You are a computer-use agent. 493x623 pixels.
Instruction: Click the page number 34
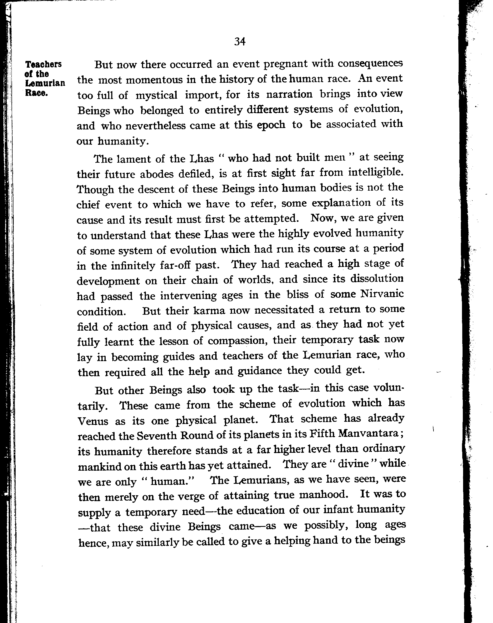[x=240, y=42]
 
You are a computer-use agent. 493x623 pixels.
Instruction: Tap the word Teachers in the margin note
[x=43, y=64]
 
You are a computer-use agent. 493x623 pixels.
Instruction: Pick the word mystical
[x=156, y=95]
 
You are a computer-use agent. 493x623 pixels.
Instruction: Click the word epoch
[x=271, y=125]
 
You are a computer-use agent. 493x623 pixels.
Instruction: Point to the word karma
[x=209, y=311]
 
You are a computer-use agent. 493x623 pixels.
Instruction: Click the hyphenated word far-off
[x=175, y=265]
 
